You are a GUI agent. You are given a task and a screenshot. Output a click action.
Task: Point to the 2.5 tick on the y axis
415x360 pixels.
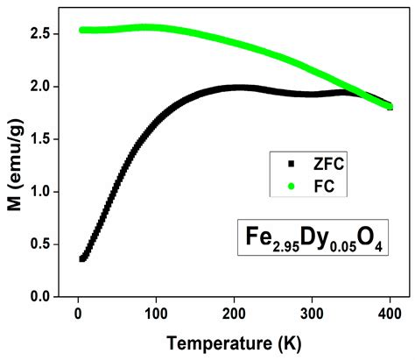click(x=46, y=34)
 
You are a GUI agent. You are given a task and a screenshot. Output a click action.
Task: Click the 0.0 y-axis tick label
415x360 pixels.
click(x=46, y=297)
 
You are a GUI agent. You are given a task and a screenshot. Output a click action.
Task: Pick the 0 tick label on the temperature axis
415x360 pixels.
click(x=78, y=313)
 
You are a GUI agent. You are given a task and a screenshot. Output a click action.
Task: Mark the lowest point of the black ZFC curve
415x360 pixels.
click(x=82, y=258)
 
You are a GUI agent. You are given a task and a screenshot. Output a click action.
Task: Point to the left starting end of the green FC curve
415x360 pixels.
click(x=82, y=30)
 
